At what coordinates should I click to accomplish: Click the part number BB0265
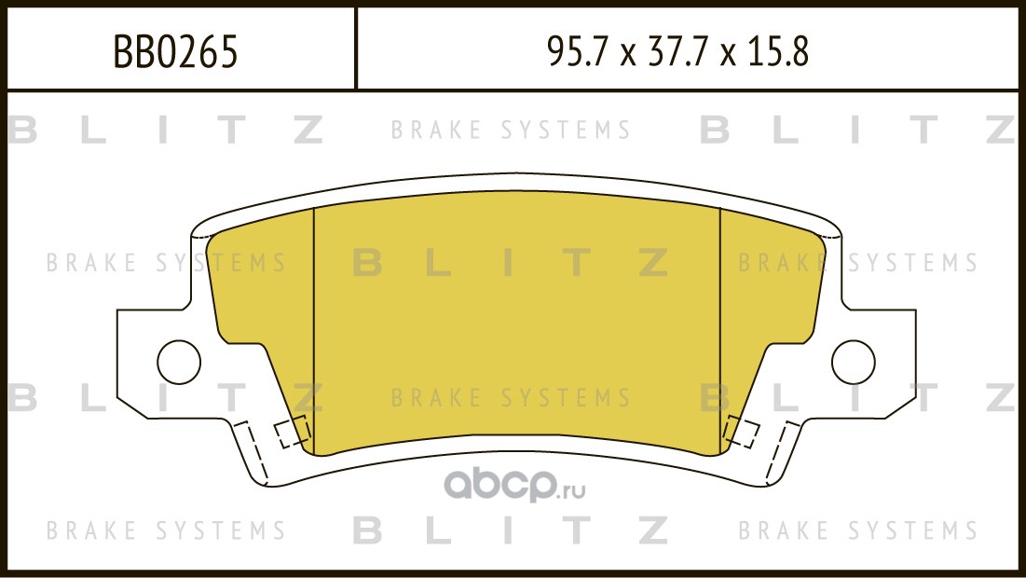point(176,51)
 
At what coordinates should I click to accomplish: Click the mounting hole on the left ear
point(179,362)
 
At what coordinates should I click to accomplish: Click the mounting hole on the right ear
point(854,362)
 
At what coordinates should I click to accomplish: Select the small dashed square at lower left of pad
point(292,432)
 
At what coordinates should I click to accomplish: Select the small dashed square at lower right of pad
point(741,432)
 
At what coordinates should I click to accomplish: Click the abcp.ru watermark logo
point(514,485)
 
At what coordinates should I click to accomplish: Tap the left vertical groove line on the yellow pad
point(314,331)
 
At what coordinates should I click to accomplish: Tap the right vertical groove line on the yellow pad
point(719,331)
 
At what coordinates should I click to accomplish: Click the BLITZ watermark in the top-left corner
point(166,130)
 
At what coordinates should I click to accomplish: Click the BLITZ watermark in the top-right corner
point(858,130)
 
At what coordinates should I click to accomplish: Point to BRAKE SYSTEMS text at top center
point(511,130)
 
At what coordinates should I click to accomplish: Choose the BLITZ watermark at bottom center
point(511,530)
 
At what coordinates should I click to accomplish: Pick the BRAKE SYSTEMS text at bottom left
point(166,530)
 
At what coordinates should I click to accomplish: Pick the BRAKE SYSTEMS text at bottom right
point(858,530)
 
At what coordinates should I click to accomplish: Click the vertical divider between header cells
point(355,48)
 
